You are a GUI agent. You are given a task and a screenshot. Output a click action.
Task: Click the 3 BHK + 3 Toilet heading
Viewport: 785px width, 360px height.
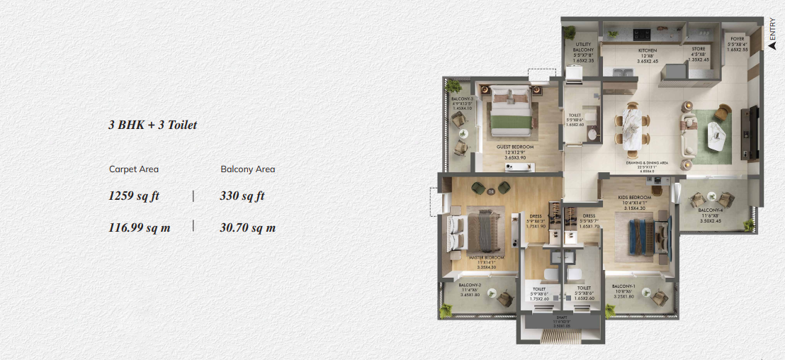coord(152,125)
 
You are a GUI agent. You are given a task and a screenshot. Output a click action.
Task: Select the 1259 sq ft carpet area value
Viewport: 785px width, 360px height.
coord(134,196)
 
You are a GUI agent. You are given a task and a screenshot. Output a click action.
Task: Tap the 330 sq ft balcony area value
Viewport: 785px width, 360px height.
coord(242,196)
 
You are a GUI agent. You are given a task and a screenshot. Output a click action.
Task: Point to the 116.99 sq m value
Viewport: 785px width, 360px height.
coord(139,227)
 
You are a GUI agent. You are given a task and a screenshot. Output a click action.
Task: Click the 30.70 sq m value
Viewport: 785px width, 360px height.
coord(247,227)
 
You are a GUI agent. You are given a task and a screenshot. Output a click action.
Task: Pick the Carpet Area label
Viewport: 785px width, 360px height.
coord(134,169)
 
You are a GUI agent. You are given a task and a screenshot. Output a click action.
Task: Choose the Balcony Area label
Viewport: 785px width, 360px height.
coord(247,169)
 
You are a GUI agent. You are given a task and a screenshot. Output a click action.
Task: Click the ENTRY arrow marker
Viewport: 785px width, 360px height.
coord(772,45)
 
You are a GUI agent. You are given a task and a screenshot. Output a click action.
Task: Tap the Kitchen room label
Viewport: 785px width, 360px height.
coord(647,51)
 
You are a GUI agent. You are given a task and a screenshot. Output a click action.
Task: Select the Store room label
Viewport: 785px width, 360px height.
coord(699,50)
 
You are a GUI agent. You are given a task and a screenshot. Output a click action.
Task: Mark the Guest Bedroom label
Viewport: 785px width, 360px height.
coord(515,147)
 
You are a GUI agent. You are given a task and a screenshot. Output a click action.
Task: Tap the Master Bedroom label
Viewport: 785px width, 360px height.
coord(486,257)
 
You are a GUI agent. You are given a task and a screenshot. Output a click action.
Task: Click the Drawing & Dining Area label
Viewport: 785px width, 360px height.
coord(647,163)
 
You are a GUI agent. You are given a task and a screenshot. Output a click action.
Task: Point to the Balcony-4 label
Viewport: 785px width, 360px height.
coord(710,210)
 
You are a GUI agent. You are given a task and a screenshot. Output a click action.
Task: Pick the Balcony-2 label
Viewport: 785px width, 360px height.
coord(470,285)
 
